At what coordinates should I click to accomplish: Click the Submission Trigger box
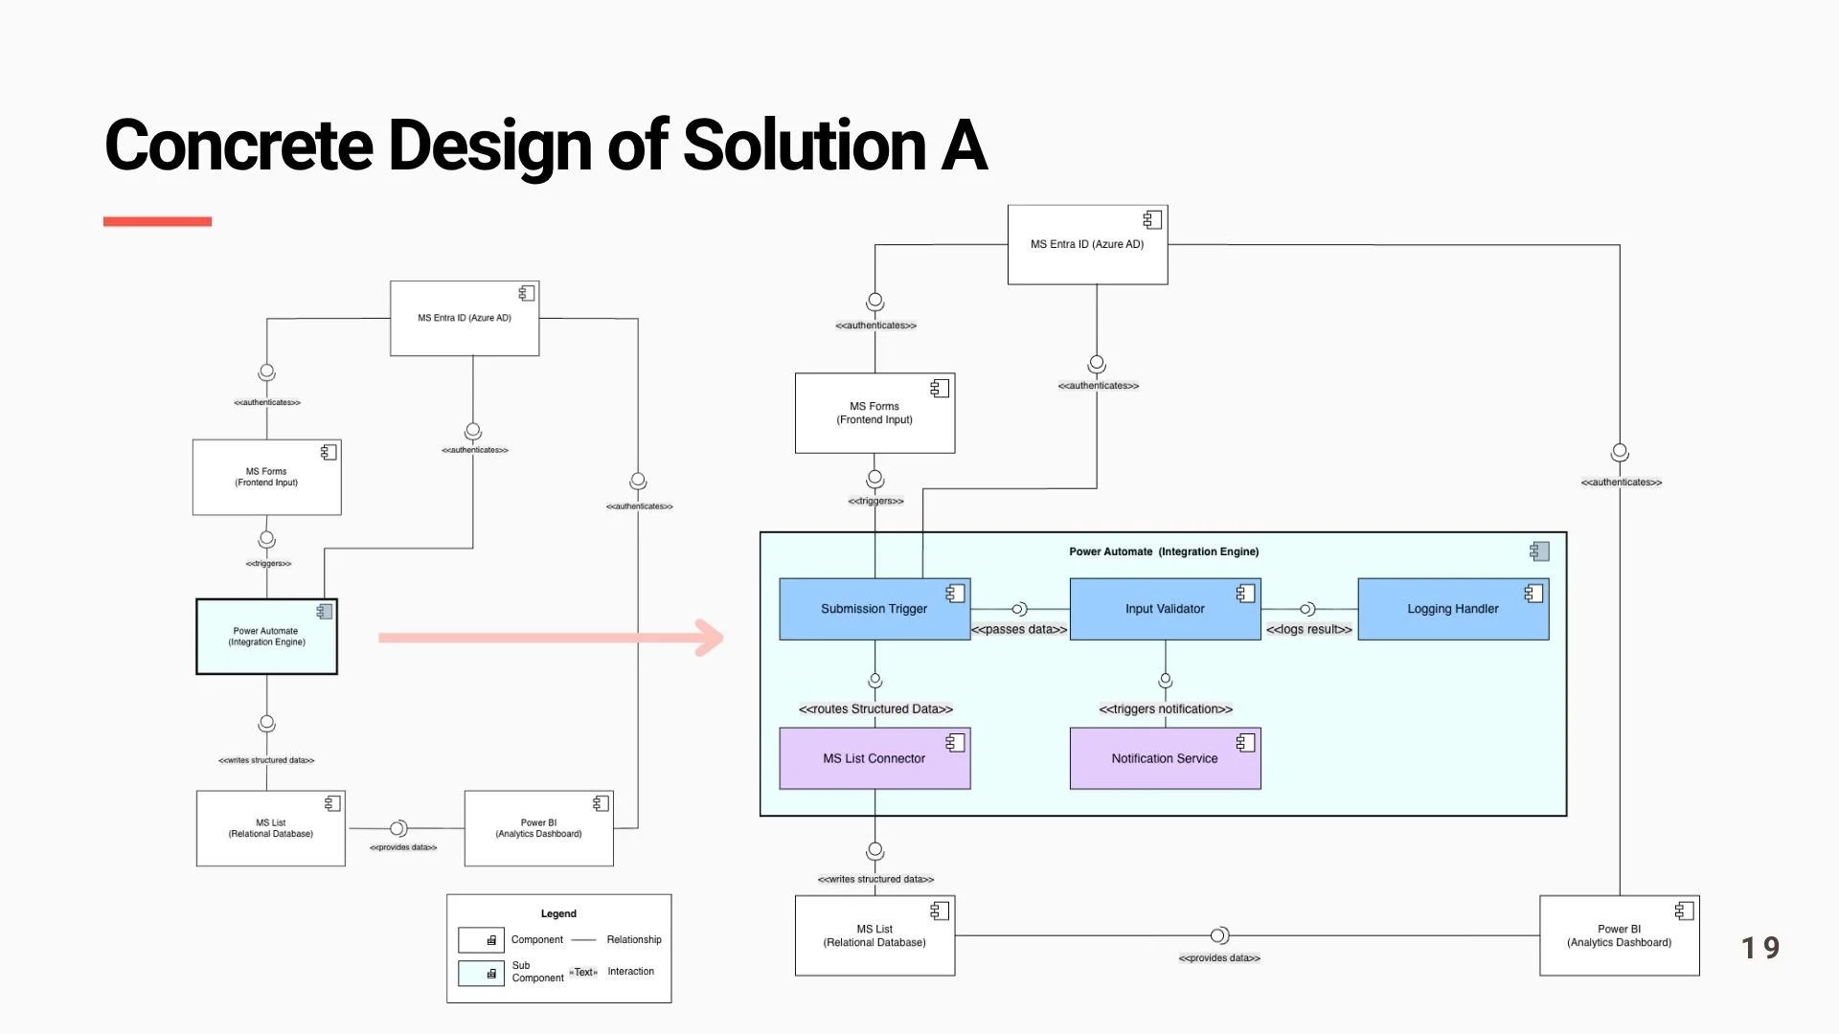pos(874,609)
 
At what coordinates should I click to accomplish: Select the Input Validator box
pos(1165,609)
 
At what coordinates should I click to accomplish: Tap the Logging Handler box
pos(1453,609)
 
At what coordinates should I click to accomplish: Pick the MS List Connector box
pos(874,758)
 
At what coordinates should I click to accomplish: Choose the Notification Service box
pos(1165,758)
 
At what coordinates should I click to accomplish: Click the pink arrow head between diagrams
pos(710,638)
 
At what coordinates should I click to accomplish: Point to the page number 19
pos(1760,948)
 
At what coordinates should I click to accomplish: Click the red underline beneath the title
pos(157,221)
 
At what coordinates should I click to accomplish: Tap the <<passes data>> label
pos(1019,629)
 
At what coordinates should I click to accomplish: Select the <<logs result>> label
pos(1308,629)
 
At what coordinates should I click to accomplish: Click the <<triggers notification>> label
pos(1166,708)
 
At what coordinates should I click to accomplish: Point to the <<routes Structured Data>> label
pos(875,708)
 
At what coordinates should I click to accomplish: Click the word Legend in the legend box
pos(558,913)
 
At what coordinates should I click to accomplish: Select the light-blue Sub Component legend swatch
pos(481,974)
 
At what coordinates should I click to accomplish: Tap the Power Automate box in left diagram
pos(266,637)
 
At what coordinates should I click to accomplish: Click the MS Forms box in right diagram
pos(874,414)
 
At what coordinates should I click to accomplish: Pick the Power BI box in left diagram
pos(538,828)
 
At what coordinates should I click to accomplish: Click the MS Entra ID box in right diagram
pos(1087,244)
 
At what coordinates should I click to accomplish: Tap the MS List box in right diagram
pos(874,935)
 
